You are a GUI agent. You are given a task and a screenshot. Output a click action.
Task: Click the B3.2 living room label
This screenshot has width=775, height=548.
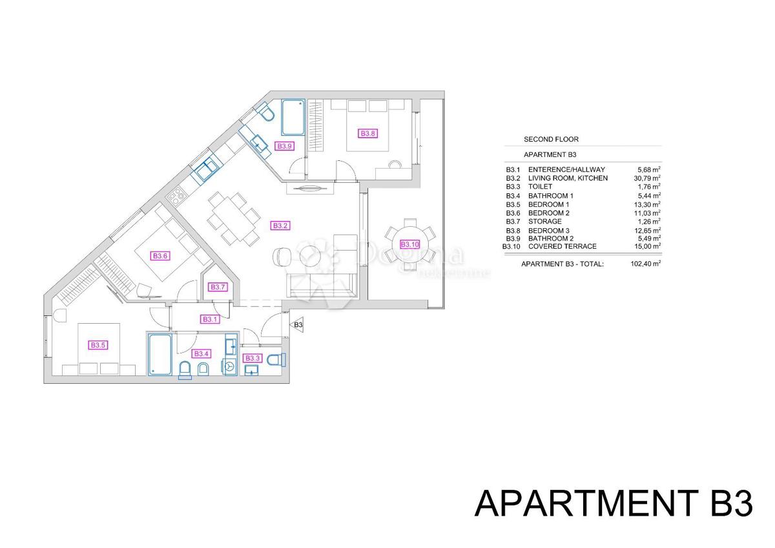coord(280,226)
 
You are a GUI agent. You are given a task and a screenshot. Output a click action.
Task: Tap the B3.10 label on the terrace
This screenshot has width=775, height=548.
coord(409,244)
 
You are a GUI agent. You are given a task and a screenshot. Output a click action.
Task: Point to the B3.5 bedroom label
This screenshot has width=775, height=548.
coord(98,346)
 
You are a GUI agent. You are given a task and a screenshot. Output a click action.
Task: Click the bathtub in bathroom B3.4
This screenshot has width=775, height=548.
coord(160,353)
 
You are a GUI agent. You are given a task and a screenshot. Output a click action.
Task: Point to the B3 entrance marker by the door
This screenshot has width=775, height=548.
coord(298,325)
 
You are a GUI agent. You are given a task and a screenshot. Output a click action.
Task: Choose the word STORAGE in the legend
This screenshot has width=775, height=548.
coord(545,222)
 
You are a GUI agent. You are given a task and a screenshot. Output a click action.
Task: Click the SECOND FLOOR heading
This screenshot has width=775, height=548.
coord(551,139)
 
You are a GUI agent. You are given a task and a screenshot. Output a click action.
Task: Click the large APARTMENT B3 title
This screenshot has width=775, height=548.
coord(614,503)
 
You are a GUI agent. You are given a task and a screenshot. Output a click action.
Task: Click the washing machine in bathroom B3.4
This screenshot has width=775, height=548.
coord(231,366)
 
